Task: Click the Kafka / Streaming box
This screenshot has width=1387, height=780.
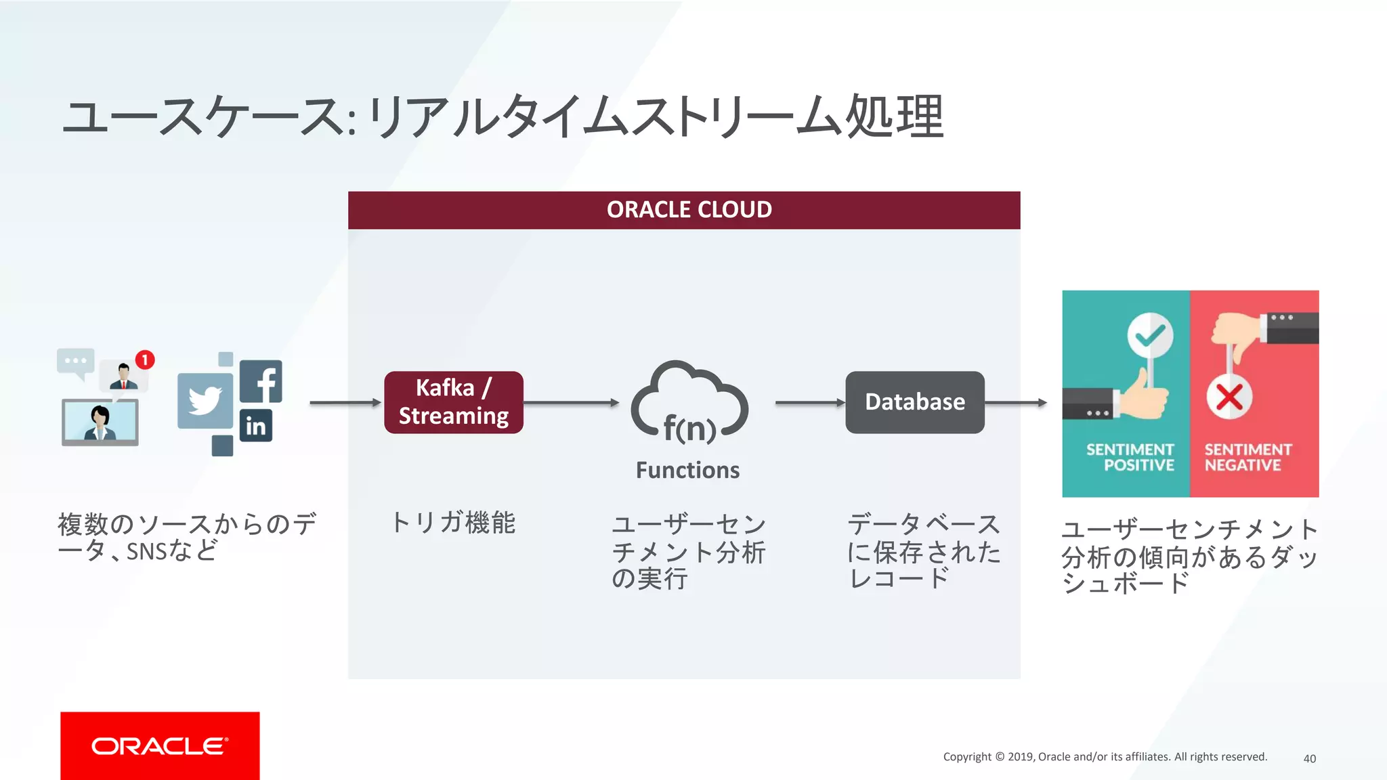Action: pos(453,402)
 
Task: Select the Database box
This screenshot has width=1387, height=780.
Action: pos(914,402)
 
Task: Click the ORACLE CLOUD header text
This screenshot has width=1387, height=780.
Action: pos(689,210)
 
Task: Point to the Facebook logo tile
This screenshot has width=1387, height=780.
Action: pos(261,382)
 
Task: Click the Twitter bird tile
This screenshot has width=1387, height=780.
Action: pos(205,401)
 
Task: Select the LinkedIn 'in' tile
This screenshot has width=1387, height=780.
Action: pos(256,426)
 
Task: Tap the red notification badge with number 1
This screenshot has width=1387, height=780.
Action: pos(145,360)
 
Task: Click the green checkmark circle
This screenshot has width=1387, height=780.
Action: pos(1150,335)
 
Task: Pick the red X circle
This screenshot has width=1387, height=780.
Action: pos(1229,397)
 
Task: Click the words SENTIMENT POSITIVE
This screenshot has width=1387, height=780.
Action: pos(1130,458)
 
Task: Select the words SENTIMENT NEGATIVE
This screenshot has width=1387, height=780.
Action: pos(1247,458)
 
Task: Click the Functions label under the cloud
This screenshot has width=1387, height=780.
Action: pos(687,470)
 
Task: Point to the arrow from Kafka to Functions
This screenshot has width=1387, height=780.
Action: pos(571,403)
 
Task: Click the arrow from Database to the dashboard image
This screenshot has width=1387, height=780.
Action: pos(1016,403)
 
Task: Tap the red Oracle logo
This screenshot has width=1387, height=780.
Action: pos(160,745)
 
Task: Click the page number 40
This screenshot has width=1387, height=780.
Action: pos(1309,758)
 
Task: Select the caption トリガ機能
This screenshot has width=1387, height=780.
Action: pos(453,523)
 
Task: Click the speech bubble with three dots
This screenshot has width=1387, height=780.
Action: pos(75,361)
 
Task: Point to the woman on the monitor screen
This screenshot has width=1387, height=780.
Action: pos(100,422)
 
